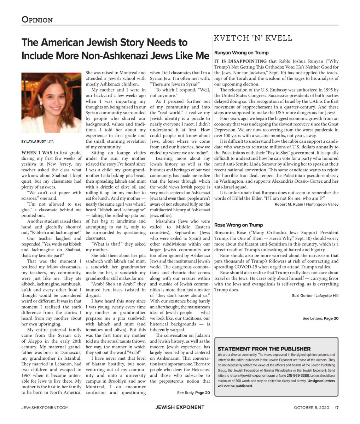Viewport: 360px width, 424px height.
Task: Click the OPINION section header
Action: click(x=37, y=20)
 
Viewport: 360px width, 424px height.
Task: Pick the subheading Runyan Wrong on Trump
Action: click(x=241, y=53)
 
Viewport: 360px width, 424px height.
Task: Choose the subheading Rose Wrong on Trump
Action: click(x=238, y=225)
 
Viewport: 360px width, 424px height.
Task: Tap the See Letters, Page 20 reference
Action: click(x=320, y=318)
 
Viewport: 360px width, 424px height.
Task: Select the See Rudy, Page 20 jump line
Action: click(x=193, y=393)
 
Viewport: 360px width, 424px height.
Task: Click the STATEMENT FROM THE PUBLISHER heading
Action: click(x=264, y=348)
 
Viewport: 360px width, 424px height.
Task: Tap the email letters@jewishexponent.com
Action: click(x=252, y=376)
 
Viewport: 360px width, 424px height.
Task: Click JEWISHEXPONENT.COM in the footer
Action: click(x=45, y=407)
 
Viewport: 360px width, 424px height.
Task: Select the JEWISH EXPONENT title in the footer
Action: click(x=180, y=407)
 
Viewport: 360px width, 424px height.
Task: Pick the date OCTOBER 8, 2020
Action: click(x=311, y=407)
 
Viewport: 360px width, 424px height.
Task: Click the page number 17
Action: click(x=337, y=407)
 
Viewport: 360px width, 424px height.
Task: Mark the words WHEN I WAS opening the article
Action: click(x=34, y=153)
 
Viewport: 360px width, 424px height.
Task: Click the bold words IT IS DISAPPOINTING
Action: click(x=240, y=61)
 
